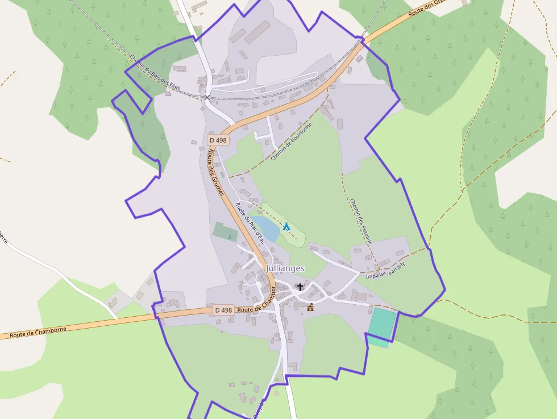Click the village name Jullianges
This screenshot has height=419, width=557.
pos(285,268)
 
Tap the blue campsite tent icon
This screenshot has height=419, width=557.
pos(286,227)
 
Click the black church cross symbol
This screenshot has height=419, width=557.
pos(300,287)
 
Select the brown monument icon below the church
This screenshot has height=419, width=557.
pos(310,308)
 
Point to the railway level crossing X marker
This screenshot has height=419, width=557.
pos(207,98)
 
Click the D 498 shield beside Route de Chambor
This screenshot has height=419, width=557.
pos(223,310)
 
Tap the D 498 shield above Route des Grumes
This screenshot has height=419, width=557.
pos(218,140)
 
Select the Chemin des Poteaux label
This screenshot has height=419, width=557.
pos(361,221)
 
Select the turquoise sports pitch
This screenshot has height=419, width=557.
pos(381,325)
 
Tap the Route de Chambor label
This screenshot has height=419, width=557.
pos(257,305)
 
